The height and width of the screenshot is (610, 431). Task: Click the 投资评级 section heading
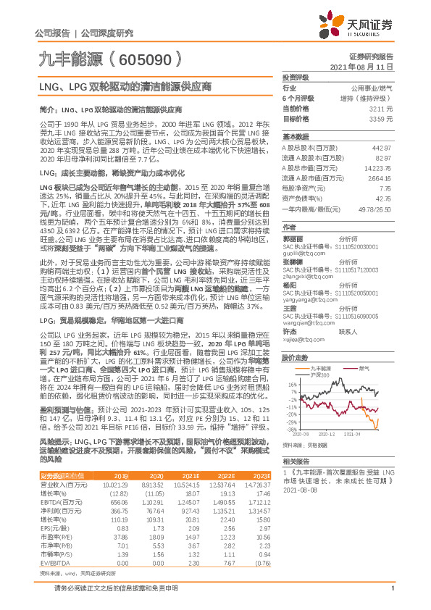pos(296,77)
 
